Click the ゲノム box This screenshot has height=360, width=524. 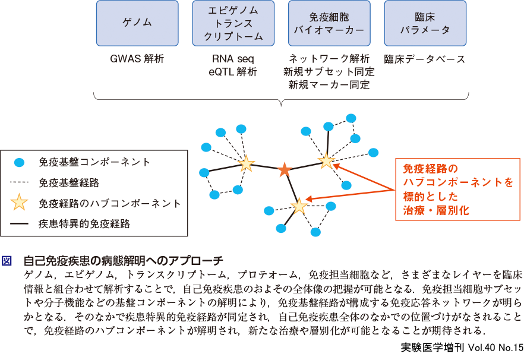click(137, 23)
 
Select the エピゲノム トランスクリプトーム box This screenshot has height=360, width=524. click(233, 23)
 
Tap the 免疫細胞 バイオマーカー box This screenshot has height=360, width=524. click(329, 23)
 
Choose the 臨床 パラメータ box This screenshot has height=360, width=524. click(425, 23)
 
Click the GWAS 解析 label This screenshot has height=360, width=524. click(137, 59)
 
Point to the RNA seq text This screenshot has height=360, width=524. click(233, 59)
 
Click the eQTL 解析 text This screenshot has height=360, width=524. click(233, 72)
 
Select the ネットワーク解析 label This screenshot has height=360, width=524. click(329, 59)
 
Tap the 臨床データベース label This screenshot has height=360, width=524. click(425, 59)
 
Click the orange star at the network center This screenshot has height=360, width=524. click(285, 170)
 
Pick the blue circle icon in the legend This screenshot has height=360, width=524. click(20, 162)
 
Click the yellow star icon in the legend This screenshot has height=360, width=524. click(20, 203)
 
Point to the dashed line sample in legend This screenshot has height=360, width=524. click(20, 182)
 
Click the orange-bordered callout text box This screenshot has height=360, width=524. click(457, 190)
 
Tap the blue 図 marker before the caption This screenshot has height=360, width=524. click(7, 261)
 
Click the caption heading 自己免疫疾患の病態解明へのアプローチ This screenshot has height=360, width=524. click(123, 261)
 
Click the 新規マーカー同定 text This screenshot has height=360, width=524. click(329, 85)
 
